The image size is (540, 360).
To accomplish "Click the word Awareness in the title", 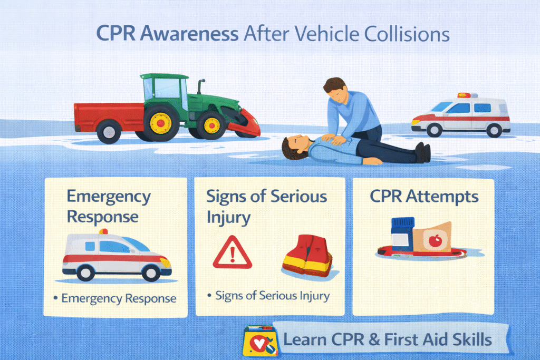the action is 189,34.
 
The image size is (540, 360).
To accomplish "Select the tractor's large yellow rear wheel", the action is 160,123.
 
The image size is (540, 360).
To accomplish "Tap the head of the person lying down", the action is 294,147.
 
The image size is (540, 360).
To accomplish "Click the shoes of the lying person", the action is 423,152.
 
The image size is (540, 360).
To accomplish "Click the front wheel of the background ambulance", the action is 435,130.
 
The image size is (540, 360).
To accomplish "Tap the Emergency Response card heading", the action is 109,207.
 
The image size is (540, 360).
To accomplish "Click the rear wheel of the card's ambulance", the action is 85,272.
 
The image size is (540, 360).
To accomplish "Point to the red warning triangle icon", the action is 232,252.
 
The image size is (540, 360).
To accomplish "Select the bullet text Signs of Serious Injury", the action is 273,296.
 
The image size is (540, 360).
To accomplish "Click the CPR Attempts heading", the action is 424,197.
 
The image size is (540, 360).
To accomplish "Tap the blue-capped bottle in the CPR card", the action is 402,234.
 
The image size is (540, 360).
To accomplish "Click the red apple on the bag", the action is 435,240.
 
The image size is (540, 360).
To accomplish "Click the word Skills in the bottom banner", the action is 472,339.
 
